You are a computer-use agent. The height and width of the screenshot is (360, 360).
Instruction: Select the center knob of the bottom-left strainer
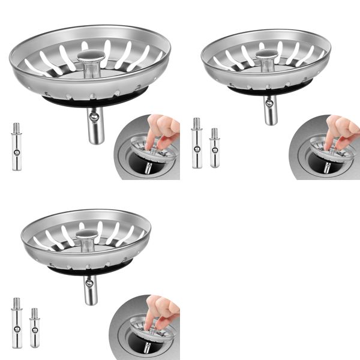pos(87,236)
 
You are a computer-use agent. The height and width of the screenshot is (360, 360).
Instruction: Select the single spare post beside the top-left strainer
pos(16,147)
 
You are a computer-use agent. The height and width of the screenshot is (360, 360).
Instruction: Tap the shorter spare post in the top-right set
pos(214,148)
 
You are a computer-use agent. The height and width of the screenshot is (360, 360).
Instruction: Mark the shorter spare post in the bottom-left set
pos(34,328)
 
